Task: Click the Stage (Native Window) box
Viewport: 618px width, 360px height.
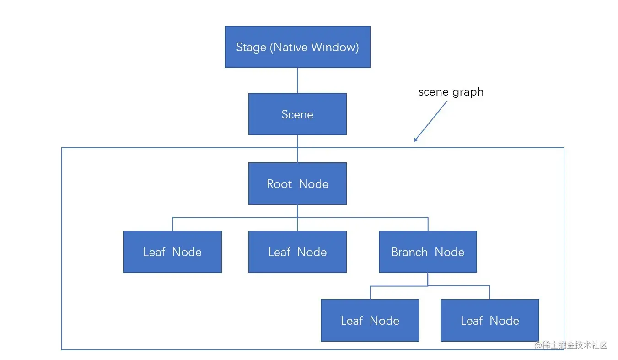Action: tap(297, 47)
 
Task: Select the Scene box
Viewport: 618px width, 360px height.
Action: tap(297, 114)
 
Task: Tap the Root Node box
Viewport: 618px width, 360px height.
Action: tap(297, 183)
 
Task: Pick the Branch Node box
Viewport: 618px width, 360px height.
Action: tap(428, 252)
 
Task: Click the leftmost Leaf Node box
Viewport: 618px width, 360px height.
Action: tap(172, 252)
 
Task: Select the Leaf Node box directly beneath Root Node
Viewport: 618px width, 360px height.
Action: tap(297, 252)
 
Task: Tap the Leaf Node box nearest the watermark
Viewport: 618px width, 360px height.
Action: tap(489, 320)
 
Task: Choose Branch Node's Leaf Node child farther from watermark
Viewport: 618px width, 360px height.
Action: tap(370, 320)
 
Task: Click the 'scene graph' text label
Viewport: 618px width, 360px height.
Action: tap(451, 92)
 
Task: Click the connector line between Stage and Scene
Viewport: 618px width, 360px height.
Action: tap(298, 81)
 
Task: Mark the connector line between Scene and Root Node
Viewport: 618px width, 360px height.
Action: tap(298, 149)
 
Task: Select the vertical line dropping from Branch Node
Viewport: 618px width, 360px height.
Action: tap(428, 279)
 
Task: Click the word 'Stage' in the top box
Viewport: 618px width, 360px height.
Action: tap(251, 47)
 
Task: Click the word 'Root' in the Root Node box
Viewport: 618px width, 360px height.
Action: tap(279, 184)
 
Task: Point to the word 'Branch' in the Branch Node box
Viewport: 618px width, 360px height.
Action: tap(409, 252)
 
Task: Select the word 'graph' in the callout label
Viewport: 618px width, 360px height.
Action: tap(468, 92)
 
